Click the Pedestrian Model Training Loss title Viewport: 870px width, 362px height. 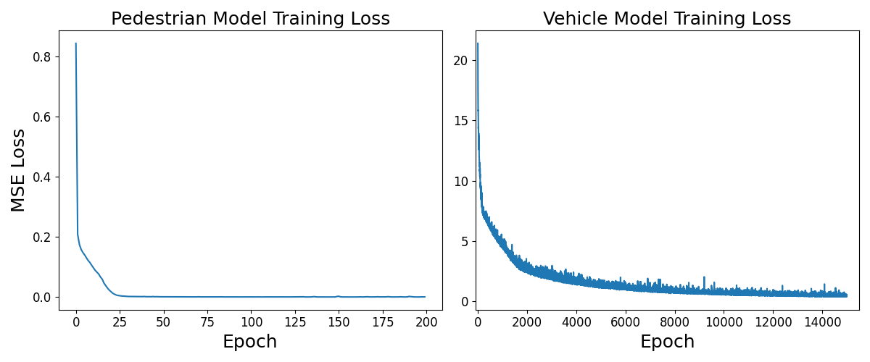(x=250, y=19)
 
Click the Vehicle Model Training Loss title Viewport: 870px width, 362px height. (x=666, y=19)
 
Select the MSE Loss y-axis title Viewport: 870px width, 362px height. (x=18, y=170)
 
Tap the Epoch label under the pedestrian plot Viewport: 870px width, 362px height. (x=249, y=342)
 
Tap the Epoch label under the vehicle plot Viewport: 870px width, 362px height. (x=666, y=342)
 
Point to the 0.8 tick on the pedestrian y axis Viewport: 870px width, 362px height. (x=42, y=56)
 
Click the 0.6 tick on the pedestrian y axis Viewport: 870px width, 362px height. (x=42, y=117)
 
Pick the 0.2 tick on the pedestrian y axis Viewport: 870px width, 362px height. (x=42, y=237)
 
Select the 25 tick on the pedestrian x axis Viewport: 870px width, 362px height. (x=120, y=321)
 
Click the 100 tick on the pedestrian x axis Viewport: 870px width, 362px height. (x=251, y=321)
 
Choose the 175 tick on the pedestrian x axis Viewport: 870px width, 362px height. (x=382, y=321)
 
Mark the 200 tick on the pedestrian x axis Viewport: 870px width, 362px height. (x=426, y=321)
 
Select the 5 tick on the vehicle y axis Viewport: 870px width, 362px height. (x=465, y=241)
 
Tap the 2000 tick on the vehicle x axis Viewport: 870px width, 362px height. (x=527, y=321)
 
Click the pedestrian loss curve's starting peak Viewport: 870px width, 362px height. (x=75, y=43)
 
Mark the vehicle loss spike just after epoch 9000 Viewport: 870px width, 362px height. (x=704, y=277)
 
